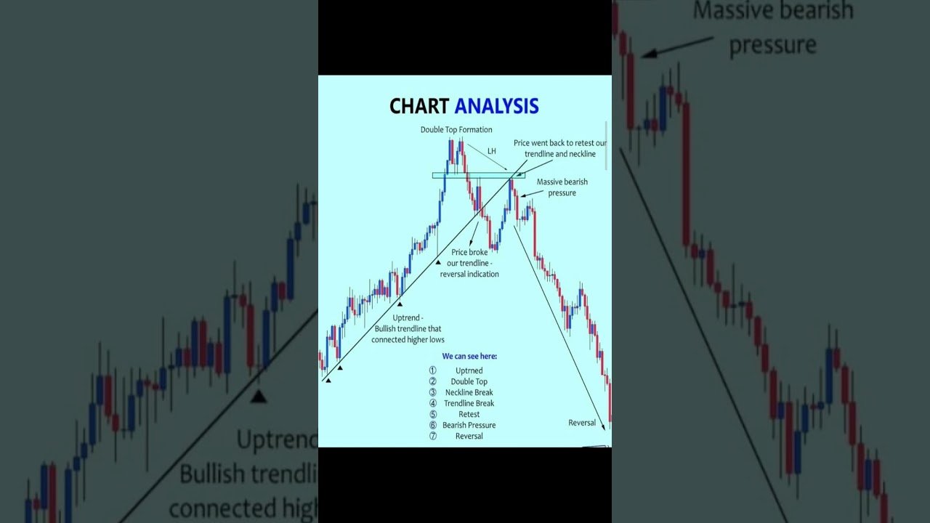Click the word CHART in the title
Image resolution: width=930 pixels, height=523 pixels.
pyautogui.click(x=419, y=106)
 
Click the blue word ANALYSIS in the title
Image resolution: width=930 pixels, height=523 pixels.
pyautogui.click(x=496, y=106)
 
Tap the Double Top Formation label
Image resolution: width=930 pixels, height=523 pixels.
pyautogui.click(x=456, y=130)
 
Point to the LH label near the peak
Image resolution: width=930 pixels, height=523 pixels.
pyautogui.click(x=492, y=150)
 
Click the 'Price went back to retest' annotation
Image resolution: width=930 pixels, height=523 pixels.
pyautogui.click(x=559, y=148)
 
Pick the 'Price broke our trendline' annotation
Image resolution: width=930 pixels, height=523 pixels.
pyautogui.click(x=469, y=263)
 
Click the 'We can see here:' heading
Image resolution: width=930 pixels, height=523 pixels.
pyautogui.click(x=469, y=357)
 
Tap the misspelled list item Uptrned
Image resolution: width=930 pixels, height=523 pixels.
pyautogui.click(x=469, y=370)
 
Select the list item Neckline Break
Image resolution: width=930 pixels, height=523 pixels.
pyautogui.click(x=469, y=392)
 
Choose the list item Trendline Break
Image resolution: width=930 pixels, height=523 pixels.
pyautogui.click(x=469, y=403)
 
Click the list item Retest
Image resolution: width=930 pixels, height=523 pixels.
pyautogui.click(x=469, y=414)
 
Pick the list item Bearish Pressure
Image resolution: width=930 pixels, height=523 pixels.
pyautogui.click(x=469, y=425)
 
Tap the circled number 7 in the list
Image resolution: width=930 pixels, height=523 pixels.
pyautogui.click(x=433, y=436)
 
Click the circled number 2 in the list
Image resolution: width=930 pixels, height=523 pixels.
pyautogui.click(x=433, y=381)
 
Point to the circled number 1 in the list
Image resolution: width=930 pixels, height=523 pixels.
pyautogui.click(x=433, y=370)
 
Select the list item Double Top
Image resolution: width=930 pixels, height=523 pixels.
pyautogui.click(x=469, y=381)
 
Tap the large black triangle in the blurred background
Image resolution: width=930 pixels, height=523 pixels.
pyautogui.click(x=258, y=397)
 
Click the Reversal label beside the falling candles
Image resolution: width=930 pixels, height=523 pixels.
pyautogui.click(x=582, y=423)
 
